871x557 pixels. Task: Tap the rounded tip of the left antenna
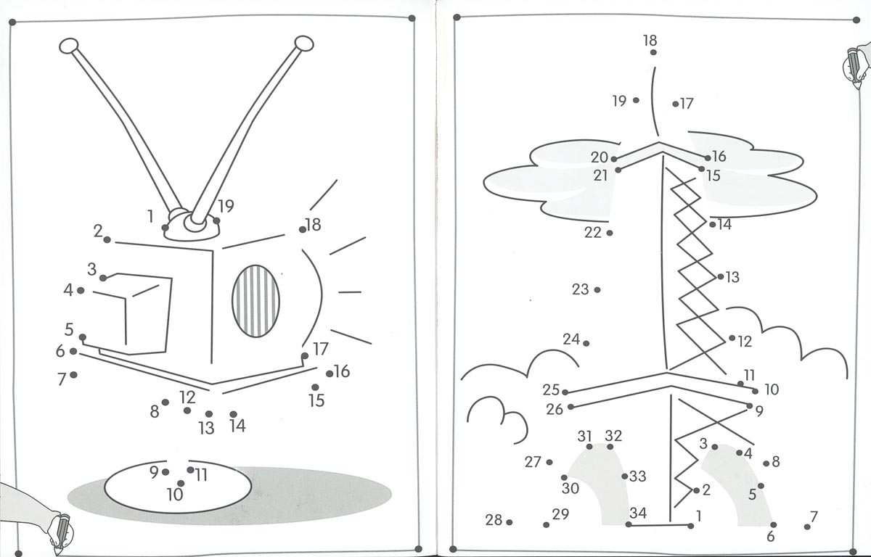pyautogui.click(x=70, y=47)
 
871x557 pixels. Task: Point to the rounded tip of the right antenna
pyautogui.click(x=303, y=44)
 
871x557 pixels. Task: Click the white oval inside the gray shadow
pyautogui.click(x=178, y=486)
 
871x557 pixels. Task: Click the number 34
pyautogui.click(x=637, y=513)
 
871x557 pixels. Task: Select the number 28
pyautogui.click(x=494, y=520)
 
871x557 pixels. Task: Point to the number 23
pyautogui.click(x=580, y=289)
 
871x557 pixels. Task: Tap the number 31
pyautogui.click(x=585, y=436)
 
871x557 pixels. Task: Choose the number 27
pyautogui.click(x=533, y=462)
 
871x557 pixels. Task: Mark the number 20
pyautogui.click(x=599, y=157)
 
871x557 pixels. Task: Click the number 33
pyautogui.click(x=637, y=476)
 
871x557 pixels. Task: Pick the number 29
pyautogui.click(x=560, y=514)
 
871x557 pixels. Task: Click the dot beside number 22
pyautogui.click(x=609, y=233)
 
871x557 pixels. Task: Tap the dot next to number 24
pyautogui.click(x=586, y=343)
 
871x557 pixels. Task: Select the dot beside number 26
pyautogui.click(x=571, y=407)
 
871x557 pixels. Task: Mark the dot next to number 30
pyautogui.click(x=564, y=477)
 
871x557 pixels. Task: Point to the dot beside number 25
pyautogui.click(x=565, y=392)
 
